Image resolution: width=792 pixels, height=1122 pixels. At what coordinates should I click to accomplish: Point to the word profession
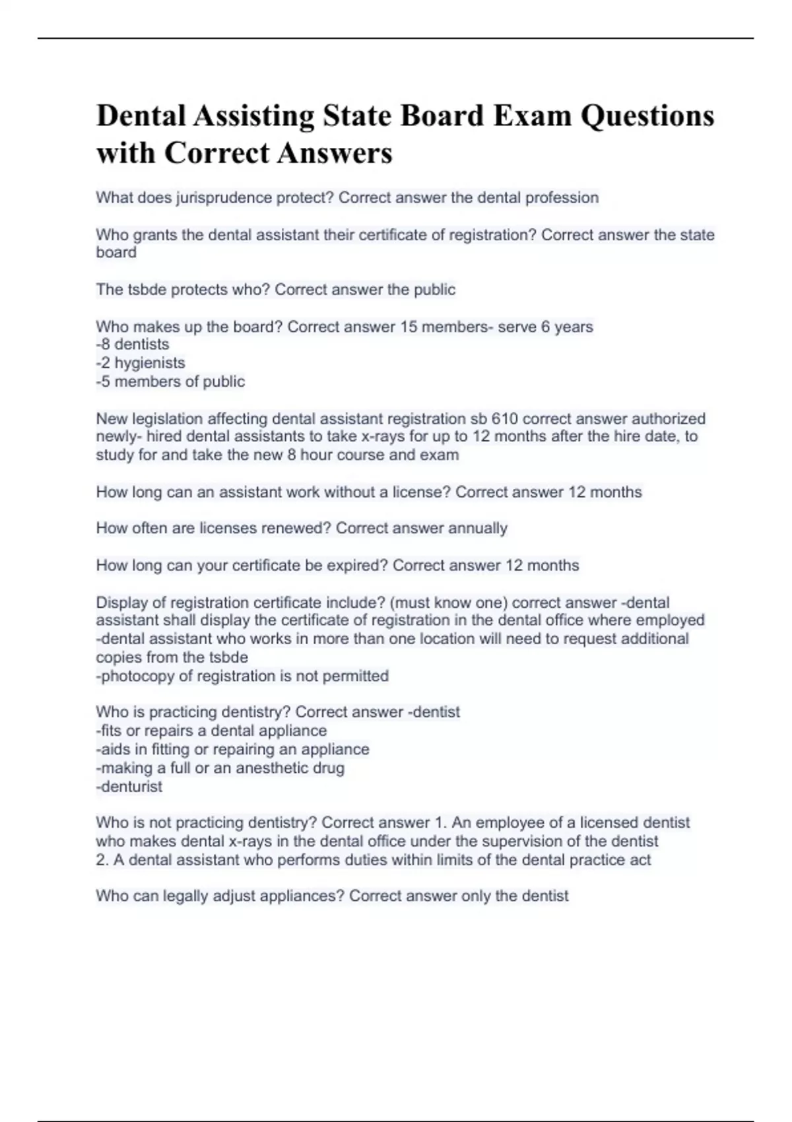point(562,197)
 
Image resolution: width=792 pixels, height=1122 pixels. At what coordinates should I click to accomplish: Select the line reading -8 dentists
point(133,345)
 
